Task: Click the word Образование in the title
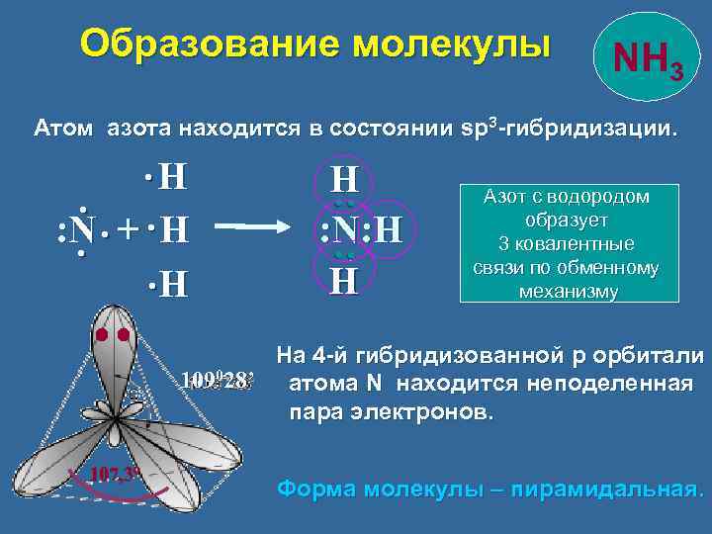204,44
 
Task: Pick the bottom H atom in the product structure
344,283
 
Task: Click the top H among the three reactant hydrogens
172,178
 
